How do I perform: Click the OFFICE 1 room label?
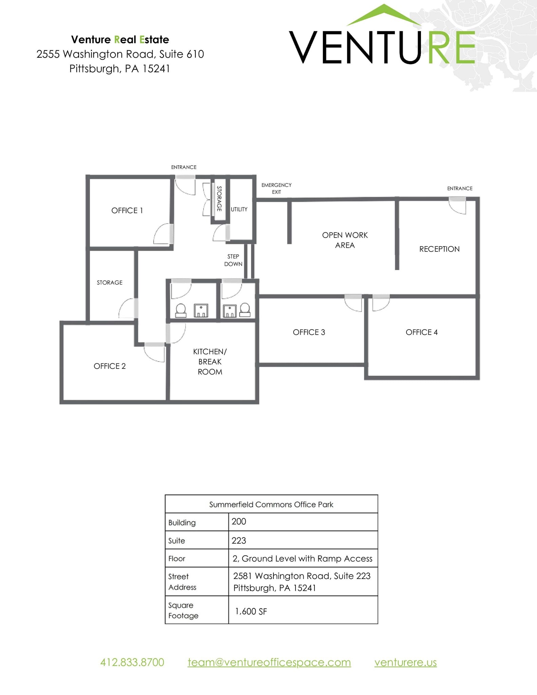click(x=127, y=210)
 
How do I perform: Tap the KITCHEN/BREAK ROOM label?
click(x=210, y=362)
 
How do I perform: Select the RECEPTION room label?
click(x=439, y=249)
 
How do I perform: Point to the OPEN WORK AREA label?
click(x=345, y=240)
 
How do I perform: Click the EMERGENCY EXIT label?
click(x=276, y=188)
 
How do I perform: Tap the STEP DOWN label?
click(x=233, y=260)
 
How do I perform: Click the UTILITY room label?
click(x=239, y=209)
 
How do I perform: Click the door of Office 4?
click(x=380, y=303)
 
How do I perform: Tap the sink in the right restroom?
click(x=230, y=311)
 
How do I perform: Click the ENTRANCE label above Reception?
click(x=460, y=188)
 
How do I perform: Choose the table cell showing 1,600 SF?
click(x=303, y=612)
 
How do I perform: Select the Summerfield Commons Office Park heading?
click(x=271, y=505)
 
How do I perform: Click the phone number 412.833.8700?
click(x=132, y=662)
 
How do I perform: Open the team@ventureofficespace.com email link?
click(x=269, y=662)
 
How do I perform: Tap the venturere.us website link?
click(x=405, y=662)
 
